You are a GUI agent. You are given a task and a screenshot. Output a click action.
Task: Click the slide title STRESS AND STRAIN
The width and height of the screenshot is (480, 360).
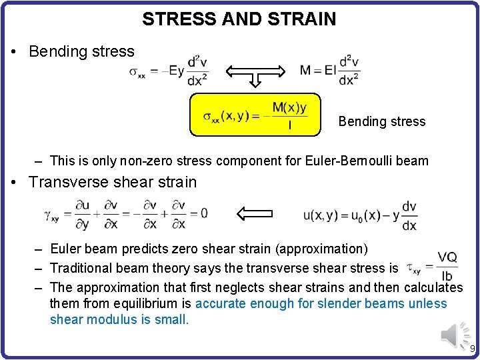[x=239, y=19]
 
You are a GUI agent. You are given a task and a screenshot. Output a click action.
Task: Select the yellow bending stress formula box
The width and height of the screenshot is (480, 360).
[x=255, y=115]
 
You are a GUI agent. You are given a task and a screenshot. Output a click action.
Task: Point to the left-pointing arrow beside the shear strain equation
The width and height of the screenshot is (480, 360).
[x=260, y=214]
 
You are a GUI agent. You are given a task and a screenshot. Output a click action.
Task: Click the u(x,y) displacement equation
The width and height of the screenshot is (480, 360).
[x=360, y=215]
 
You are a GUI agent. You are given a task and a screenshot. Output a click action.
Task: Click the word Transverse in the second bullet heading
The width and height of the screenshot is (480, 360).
[x=66, y=182]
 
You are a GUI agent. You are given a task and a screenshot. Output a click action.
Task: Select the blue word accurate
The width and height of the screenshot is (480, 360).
[x=223, y=303]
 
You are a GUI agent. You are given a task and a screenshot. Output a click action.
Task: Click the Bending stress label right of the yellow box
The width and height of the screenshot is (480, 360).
[x=381, y=121]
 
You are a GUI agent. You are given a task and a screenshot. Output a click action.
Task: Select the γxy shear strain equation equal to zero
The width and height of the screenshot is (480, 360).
[x=126, y=214]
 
